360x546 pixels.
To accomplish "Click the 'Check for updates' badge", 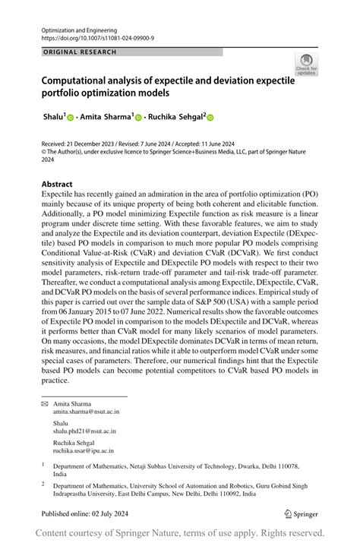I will coord(306,63).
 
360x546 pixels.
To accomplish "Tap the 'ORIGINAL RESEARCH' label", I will coord(80,52).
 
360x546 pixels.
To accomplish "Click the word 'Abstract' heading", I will coord(57,185).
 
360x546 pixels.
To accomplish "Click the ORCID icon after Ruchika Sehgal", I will coord(210,118).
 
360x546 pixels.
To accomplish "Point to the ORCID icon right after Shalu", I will coord(71,118).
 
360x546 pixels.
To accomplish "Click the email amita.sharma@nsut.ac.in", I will coord(86,412).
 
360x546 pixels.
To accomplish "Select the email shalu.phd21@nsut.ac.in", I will coord(84,432).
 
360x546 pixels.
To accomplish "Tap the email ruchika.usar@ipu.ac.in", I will coord(84,450).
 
